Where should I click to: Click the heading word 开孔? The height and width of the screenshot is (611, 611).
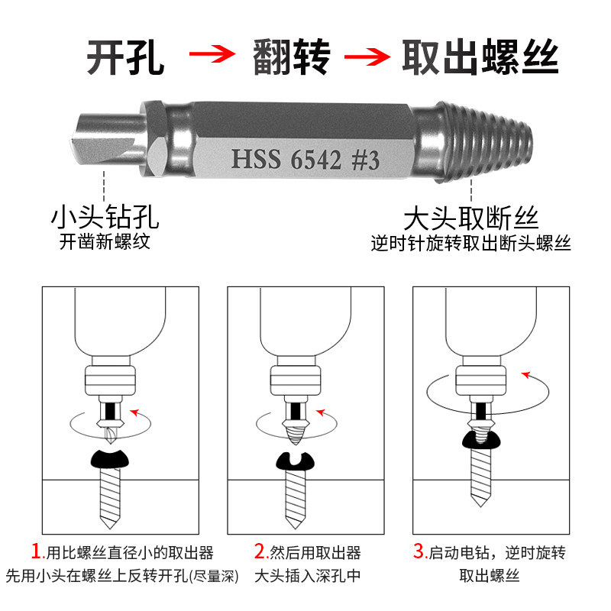point(125,57)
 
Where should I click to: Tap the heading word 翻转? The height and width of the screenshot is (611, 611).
point(292,57)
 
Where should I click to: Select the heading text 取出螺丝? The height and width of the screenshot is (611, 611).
point(480,57)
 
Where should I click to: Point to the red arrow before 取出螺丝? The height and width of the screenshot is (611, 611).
point(367,57)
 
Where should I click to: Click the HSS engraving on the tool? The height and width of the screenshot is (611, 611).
point(256,159)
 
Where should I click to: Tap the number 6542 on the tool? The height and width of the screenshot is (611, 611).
point(315,160)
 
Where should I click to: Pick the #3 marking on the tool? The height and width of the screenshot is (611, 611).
point(365,160)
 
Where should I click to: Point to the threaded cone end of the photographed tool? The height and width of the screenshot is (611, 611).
point(485,142)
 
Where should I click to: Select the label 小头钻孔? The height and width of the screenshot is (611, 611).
point(105,217)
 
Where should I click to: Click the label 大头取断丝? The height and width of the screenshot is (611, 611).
point(470,218)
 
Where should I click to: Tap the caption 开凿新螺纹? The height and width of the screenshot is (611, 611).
point(105,241)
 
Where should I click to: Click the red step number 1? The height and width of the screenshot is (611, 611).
point(37,551)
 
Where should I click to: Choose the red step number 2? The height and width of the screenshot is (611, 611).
point(260,551)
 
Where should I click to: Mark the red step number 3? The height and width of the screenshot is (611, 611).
point(419,551)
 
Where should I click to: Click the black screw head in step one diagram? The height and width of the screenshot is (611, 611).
point(109,459)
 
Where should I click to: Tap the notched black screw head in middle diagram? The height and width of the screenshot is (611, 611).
point(295,462)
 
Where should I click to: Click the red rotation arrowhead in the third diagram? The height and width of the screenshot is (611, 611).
point(526,375)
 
